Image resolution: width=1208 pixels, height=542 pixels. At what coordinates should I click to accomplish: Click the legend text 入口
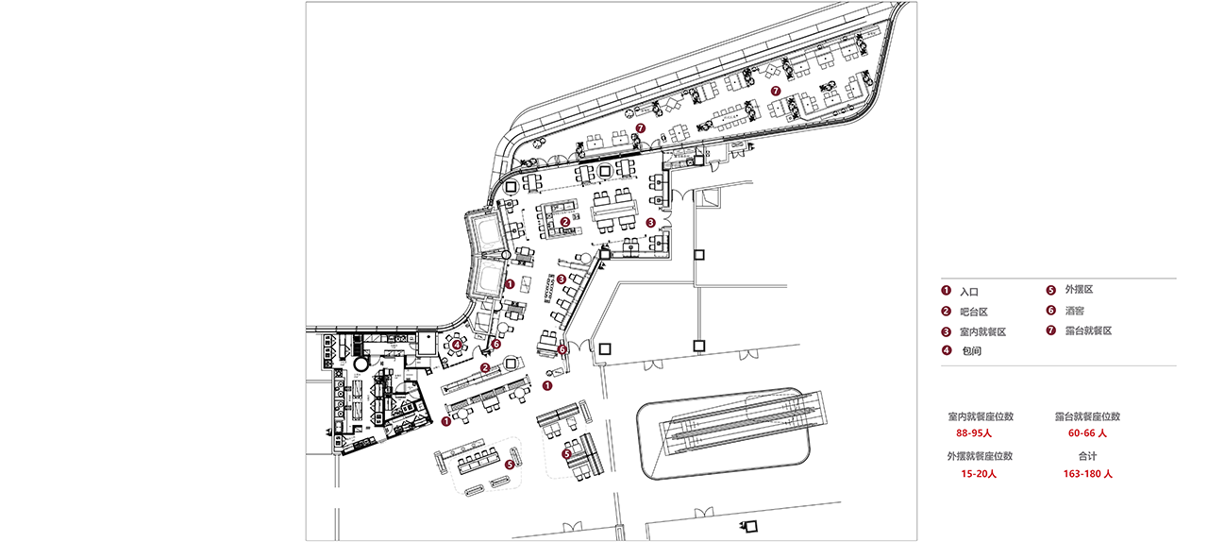pyautogui.click(x=969, y=292)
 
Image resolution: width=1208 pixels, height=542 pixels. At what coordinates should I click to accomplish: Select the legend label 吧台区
pyautogui.click(x=974, y=312)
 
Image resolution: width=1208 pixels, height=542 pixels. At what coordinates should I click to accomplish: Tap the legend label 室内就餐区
pyautogui.click(x=983, y=332)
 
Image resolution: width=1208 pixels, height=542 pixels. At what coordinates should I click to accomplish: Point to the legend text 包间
pyautogui.click(x=972, y=351)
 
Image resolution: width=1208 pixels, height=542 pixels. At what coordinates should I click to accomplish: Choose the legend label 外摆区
pyautogui.click(x=1079, y=289)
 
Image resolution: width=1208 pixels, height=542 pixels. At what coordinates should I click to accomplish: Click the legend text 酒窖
pyautogui.click(x=1075, y=311)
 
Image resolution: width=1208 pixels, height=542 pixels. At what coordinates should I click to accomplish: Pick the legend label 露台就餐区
pyautogui.click(x=1089, y=330)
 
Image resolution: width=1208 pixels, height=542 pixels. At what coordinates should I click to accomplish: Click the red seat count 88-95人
pyautogui.click(x=974, y=433)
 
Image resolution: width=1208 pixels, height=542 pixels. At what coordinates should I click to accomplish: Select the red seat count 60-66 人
pyautogui.click(x=1087, y=433)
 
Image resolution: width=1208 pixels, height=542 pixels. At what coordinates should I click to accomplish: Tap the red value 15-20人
pyautogui.click(x=979, y=474)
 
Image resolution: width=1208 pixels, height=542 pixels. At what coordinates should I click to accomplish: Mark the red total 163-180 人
pyautogui.click(x=1088, y=474)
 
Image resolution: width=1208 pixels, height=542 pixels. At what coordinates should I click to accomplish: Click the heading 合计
pyautogui.click(x=1088, y=456)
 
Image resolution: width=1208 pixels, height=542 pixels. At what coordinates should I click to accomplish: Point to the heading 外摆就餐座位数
pyautogui.click(x=980, y=456)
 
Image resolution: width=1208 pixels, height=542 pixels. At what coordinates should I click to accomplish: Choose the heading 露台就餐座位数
pyautogui.click(x=1088, y=416)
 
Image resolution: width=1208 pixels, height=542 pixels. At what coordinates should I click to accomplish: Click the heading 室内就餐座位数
pyautogui.click(x=981, y=416)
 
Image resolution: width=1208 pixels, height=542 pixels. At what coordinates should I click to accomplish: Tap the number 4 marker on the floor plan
pyautogui.click(x=458, y=345)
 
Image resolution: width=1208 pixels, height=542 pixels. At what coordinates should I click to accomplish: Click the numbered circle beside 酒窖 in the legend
pyautogui.click(x=1051, y=311)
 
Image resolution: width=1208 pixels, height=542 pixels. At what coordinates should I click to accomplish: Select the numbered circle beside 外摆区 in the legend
pyautogui.click(x=1051, y=291)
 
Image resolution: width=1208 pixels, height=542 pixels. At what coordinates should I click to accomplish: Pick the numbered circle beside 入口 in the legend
pyautogui.click(x=946, y=291)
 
